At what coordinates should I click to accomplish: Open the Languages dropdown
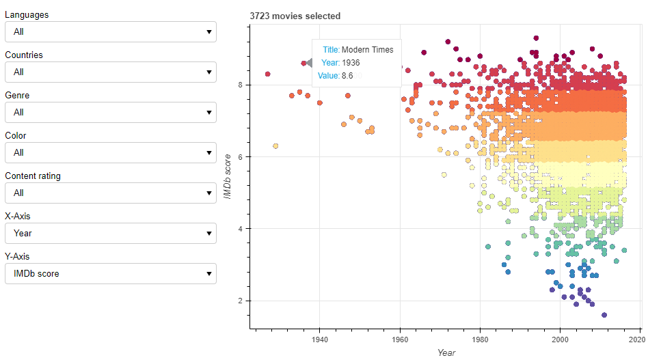pos(110,31)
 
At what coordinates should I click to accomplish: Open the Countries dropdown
pos(110,72)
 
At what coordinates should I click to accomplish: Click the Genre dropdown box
pos(110,112)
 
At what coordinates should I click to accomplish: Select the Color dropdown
pos(110,152)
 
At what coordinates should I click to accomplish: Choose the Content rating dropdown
pos(110,193)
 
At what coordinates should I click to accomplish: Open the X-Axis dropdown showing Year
pos(110,234)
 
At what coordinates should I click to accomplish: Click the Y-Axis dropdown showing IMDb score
pos(110,274)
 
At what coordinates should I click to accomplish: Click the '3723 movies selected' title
pos(295,16)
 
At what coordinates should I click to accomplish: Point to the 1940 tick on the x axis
pos(319,339)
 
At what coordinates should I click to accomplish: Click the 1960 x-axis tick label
pos(399,339)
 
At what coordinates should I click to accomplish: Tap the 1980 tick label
pos(480,339)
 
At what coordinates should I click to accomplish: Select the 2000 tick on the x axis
pos(560,339)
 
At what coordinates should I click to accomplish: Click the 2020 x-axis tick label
pos(638,339)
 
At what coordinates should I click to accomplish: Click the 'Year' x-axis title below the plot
pos(446,352)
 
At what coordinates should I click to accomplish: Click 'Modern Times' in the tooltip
pos(367,50)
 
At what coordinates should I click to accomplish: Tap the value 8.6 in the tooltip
pos(347,76)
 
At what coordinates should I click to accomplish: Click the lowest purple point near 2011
pos(604,315)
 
